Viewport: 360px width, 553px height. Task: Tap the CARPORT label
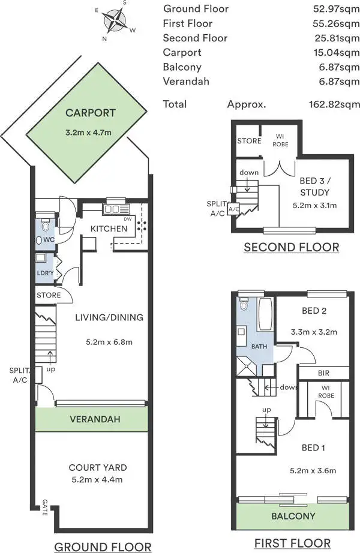tap(91, 113)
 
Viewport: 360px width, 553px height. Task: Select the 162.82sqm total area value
tap(334, 104)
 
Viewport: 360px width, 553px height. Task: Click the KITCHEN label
tap(109, 229)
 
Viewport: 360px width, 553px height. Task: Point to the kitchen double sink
tap(116, 209)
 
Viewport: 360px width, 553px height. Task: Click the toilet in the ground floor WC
tap(45, 225)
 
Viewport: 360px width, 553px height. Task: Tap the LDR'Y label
tap(45, 273)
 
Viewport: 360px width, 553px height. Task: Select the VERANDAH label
tap(95, 419)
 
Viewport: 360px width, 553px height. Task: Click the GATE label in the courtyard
tap(45, 507)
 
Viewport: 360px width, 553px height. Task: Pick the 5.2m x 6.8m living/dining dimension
tap(109, 342)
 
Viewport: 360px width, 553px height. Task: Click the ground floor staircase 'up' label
tap(51, 369)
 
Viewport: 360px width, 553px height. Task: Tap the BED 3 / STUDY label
tap(315, 187)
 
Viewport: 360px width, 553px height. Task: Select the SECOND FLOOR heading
tap(292, 247)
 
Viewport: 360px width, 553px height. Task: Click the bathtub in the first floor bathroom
tap(265, 314)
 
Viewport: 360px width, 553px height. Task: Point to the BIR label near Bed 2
tap(323, 373)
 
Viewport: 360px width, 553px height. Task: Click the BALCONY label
tap(293, 516)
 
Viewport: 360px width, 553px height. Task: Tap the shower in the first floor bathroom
tap(247, 366)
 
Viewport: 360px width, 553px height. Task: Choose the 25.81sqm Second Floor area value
tap(337, 38)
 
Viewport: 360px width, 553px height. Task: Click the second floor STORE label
tap(249, 141)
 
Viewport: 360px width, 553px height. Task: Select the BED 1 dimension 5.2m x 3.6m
tap(313, 470)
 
